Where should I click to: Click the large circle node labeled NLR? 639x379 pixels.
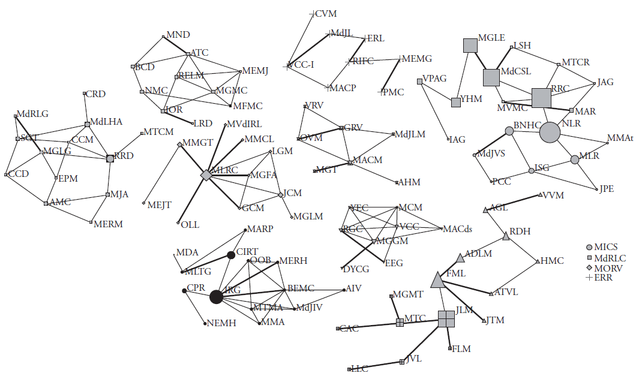click(x=550, y=132)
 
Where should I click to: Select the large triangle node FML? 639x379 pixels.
click(x=438, y=280)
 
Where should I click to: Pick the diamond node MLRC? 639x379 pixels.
click(x=206, y=175)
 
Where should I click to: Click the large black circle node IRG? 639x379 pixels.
click(x=217, y=296)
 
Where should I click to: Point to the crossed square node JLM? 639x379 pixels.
click(x=446, y=319)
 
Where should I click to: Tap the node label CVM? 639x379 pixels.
click(x=326, y=13)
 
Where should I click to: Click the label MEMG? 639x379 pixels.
click(x=416, y=59)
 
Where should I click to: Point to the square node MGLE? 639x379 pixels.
click(x=470, y=45)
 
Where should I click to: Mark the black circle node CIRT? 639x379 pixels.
click(x=231, y=255)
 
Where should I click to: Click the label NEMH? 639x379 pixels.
click(x=221, y=323)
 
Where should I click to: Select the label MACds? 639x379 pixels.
click(x=458, y=229)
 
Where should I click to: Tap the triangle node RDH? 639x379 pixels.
click(x=506, y=237)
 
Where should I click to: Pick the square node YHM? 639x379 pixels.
click(x=456, y=102)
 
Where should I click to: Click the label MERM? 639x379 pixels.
click(x=108, y=224)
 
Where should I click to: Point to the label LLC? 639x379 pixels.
click(x=359, y=369)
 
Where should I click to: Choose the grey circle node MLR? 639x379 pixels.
click(x=575, y=160)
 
